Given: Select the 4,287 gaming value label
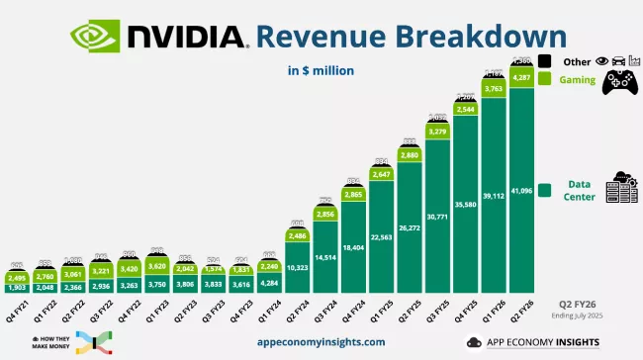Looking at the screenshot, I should point(524,77).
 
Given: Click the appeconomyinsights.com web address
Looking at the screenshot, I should point(321,341).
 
